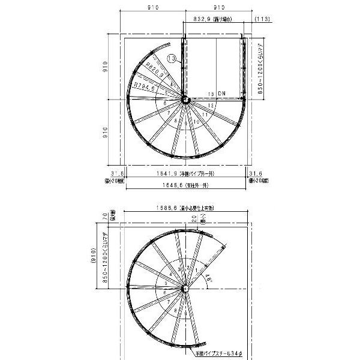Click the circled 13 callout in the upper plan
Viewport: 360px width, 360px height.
click(x=172, y=59)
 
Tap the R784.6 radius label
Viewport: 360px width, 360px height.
click(x=146, y=87)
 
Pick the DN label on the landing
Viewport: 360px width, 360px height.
click(x=222, y=94)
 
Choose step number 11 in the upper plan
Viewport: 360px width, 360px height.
click(x=205, y=114)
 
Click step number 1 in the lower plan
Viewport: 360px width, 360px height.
click(x=199, y=271)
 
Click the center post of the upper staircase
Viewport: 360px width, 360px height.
click(x=185, y=99)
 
